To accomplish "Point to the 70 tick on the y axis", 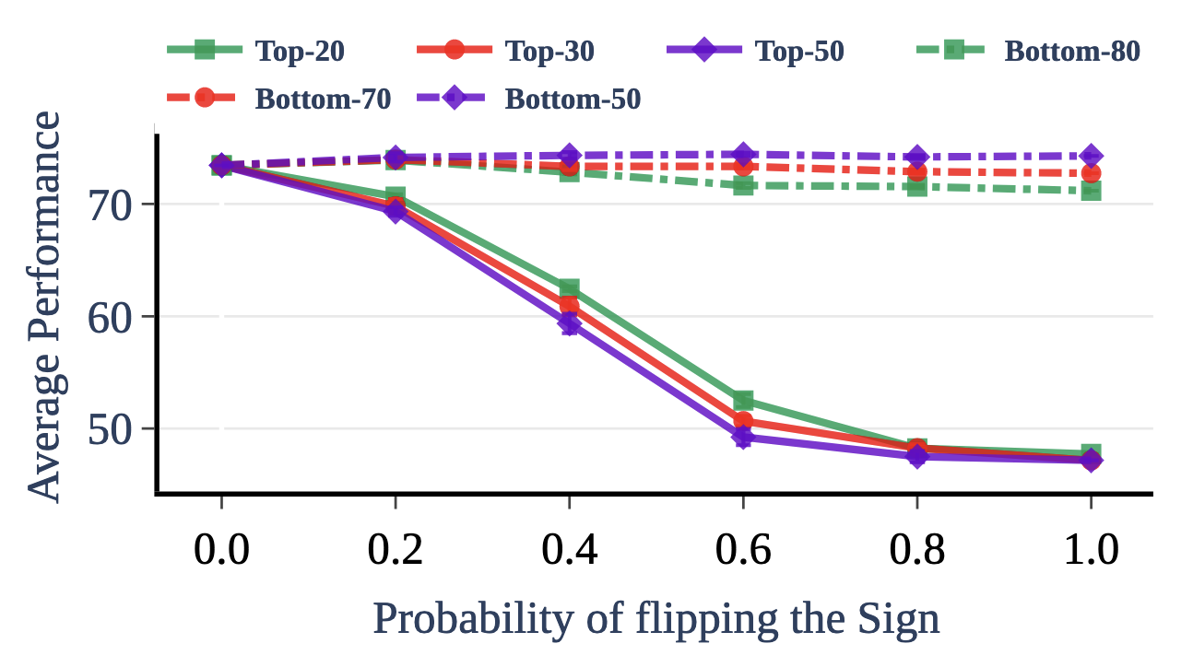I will pyautogui.click(x=111, y=204).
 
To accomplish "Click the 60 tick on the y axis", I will pyautogui.click(x=111, y=316).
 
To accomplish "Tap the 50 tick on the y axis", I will pyautogui.click(x=111, y=429).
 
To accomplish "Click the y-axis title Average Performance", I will pyautogui.click(x=43, y=306).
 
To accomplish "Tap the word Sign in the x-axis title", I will pyautogui.click(x=906, y=619).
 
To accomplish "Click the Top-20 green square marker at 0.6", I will pyautogui.click(x=743, y=401).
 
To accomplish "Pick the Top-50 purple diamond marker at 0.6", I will pyautogui.click(x=743, y=437).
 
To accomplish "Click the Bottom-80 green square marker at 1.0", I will pyautogui.click(x=1091, y=191).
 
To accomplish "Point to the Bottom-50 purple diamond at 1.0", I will pyautogui.click(x=1091, y=156).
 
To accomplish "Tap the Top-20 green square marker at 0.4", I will pyautogui.click(x=569, y=289).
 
